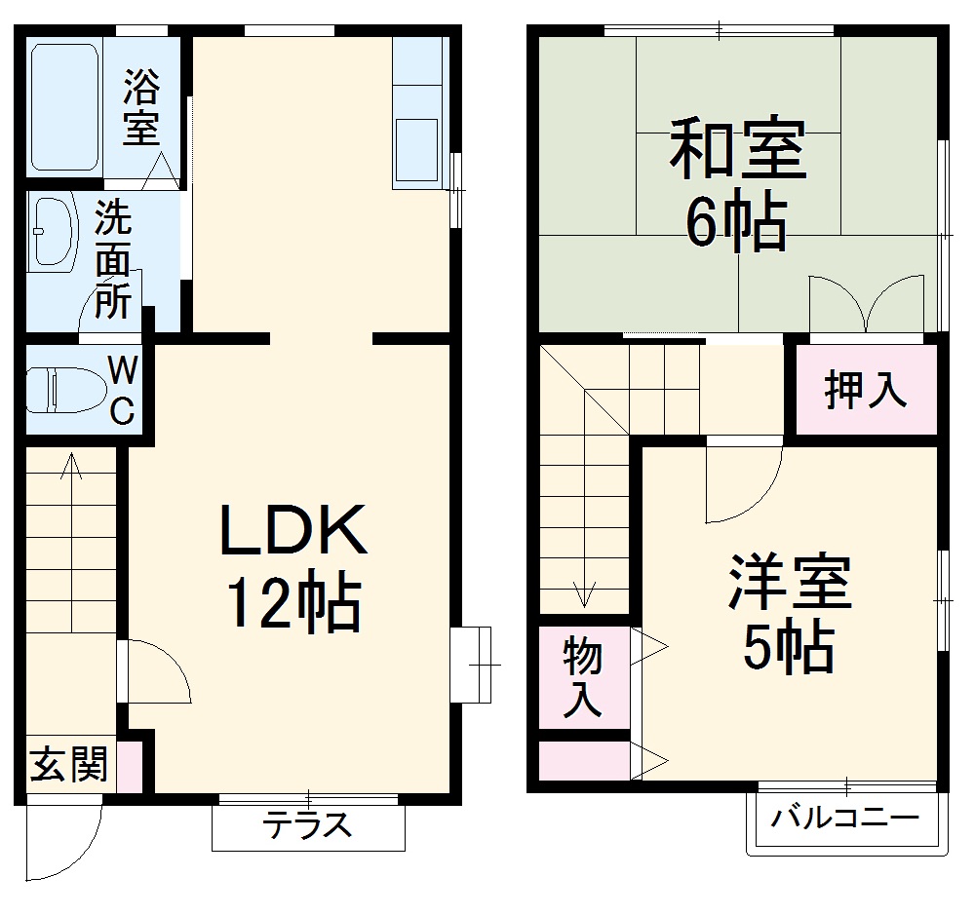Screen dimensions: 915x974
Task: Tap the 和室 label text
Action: coord(738,149)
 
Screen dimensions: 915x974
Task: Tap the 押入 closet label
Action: coord(866,391)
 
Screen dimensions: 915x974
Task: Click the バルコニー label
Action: coord(845,818)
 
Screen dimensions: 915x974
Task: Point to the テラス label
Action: coord(307,826)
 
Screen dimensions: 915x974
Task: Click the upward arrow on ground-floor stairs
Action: coord(70,468)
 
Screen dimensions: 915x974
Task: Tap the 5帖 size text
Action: coord(788,647)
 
